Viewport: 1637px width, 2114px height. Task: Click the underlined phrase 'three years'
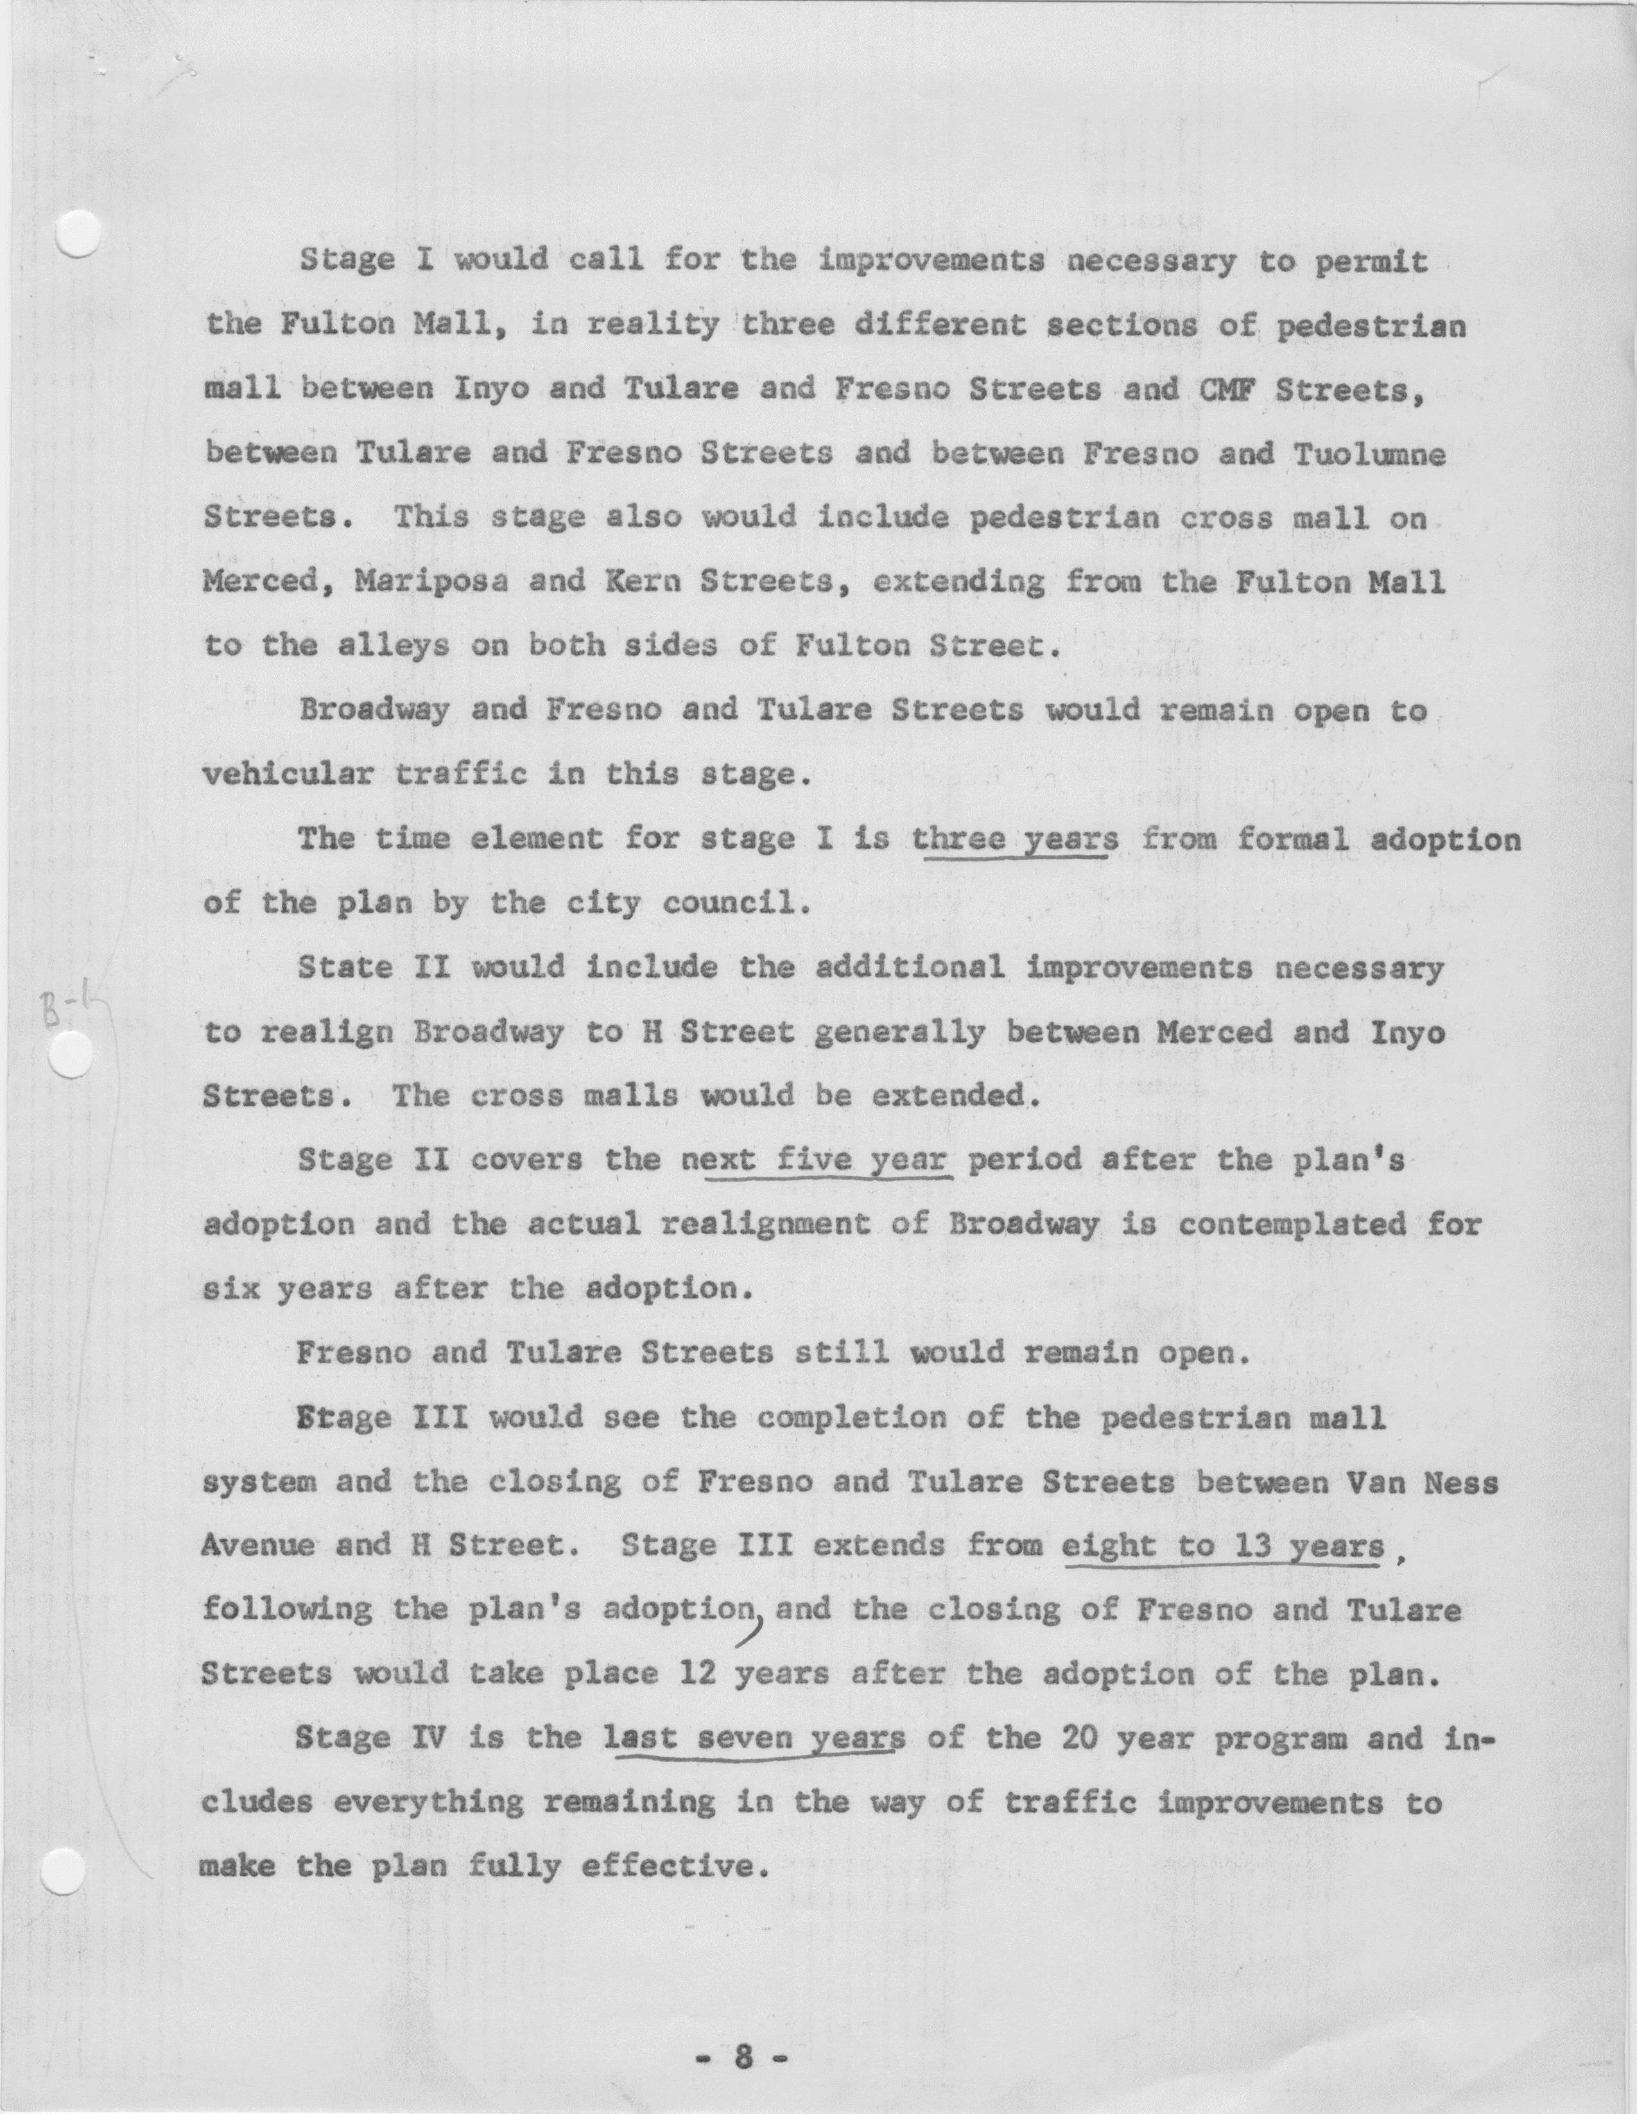tap(1014, 838)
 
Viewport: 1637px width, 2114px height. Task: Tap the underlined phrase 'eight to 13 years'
tap(1223, 1545)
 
